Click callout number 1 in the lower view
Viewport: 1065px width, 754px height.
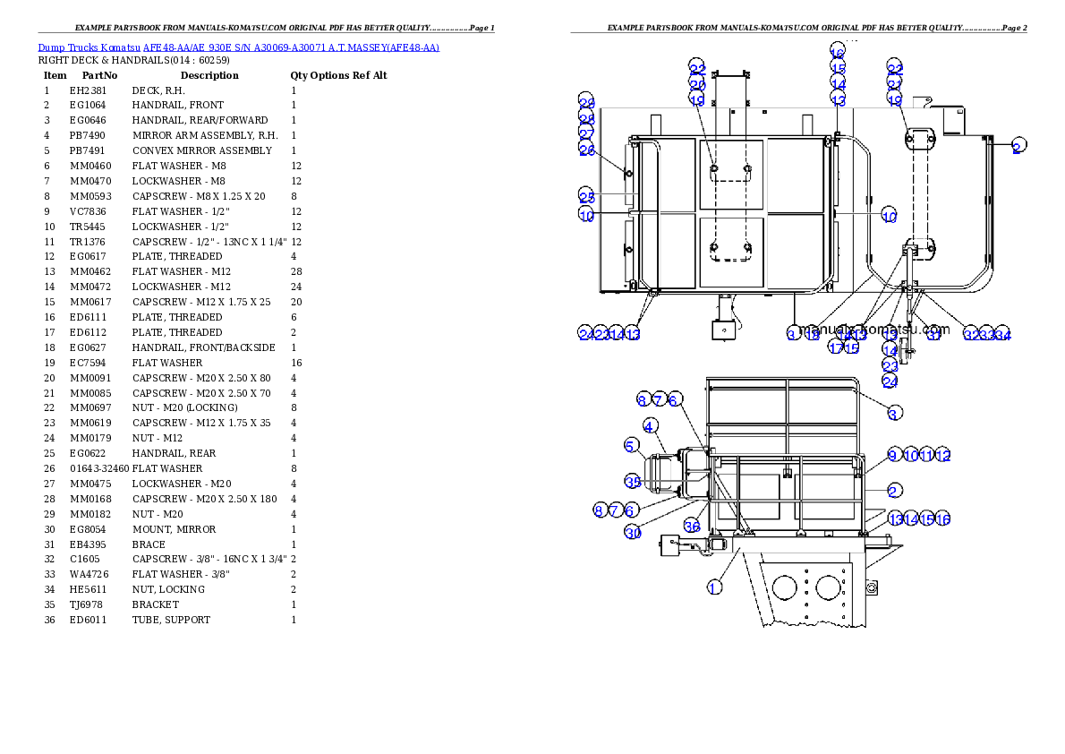tap(714, 587)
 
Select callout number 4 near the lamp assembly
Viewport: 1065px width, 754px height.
tap(650, 426)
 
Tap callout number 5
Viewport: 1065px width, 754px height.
tap(632, 445)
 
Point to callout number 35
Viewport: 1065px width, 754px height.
tap(633, 482)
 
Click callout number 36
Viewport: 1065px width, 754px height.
tap(692, 526)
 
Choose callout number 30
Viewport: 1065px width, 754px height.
tap(633, 532)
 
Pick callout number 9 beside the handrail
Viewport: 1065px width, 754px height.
tap(893, 455)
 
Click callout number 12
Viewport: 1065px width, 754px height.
tap(943, 455)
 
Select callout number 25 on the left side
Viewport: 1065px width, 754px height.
tap(586, 196)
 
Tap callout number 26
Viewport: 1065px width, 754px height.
tap(586, 150)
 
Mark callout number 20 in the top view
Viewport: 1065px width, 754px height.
tap(697, 84)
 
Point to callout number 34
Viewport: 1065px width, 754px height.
tap(1003, 334)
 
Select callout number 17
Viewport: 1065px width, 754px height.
tap(836, 347)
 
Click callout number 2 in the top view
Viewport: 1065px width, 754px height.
tap(1017, 148)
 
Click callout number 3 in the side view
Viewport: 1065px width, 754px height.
tap(895, 413)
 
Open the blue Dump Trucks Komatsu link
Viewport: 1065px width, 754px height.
tap(238, 47)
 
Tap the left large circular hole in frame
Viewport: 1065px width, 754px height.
tap(784, 588)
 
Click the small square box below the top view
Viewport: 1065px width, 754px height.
tap(723, 330)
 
